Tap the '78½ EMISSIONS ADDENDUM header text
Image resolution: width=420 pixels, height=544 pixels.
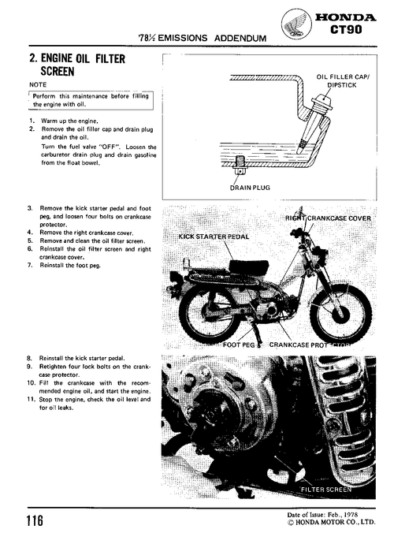coord(200,37)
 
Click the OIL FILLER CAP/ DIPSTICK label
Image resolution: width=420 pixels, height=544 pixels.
coord(342,80)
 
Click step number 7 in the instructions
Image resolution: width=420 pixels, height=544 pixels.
coord(30,265)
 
